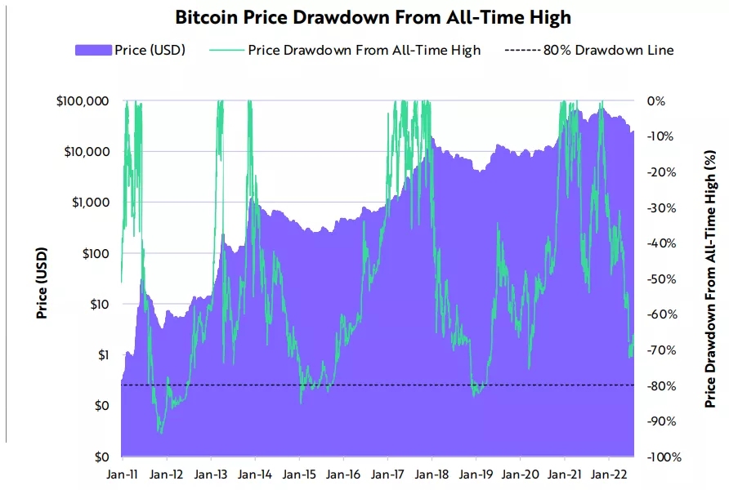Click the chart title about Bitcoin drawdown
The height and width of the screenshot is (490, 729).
[x=364, y=16]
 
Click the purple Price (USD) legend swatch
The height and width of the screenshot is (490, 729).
[x=92, y=51]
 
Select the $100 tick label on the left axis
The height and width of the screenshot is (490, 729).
[x=96, y=253]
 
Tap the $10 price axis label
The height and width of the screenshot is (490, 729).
[x=100, y=305]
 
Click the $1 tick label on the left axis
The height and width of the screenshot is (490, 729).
[x=102, y=355]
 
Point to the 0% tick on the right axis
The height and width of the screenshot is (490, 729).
[x=656, y=101]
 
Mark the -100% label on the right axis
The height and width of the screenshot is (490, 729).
[x=664, y=457]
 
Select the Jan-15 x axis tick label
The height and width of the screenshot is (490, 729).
[x=300, y=474]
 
